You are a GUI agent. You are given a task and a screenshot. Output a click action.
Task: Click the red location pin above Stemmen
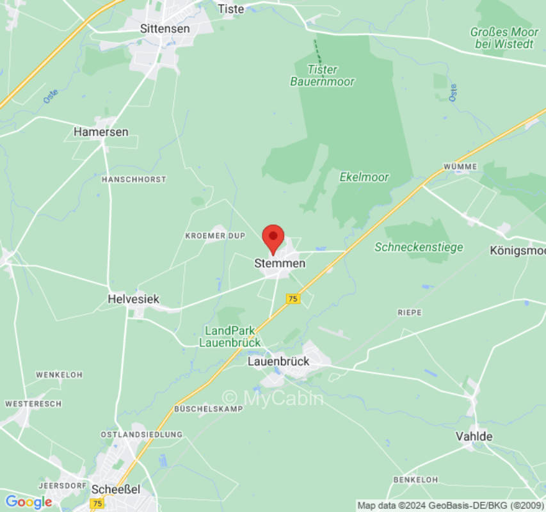(273, 239)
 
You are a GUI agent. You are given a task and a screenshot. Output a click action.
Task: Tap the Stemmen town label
(280, 263)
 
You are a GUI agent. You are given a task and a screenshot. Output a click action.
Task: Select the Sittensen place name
(165, 29)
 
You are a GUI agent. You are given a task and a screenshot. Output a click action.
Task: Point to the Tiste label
(231, 9)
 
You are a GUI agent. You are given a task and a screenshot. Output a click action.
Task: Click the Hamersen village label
(100, 132)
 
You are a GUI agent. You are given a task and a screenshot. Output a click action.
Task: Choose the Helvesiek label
(133, 299)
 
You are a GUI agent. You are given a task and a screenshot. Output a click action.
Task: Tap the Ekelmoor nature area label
(364, 177)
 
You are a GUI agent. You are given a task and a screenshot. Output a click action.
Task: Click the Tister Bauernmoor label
(323, 76)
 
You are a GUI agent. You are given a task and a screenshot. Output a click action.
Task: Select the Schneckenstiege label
(419, 247)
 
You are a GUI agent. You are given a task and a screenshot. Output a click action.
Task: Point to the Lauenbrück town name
(278, 361)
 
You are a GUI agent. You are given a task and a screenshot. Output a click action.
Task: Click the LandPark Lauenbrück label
(230, 337)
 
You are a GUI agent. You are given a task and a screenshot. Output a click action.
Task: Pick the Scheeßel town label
(116, 489)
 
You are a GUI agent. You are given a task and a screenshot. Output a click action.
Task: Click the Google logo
(28, 502)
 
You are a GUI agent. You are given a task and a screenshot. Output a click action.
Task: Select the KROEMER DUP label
(215, 236)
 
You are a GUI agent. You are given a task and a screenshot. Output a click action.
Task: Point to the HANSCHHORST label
(134, 180)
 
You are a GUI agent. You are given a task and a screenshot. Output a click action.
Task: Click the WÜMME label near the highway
(460, 166)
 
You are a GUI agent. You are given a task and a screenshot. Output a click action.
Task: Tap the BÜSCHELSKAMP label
(209, 408)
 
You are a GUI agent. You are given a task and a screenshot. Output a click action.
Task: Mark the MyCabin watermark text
(273, 398)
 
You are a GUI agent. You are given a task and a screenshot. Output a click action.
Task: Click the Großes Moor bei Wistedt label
(503, 37)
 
